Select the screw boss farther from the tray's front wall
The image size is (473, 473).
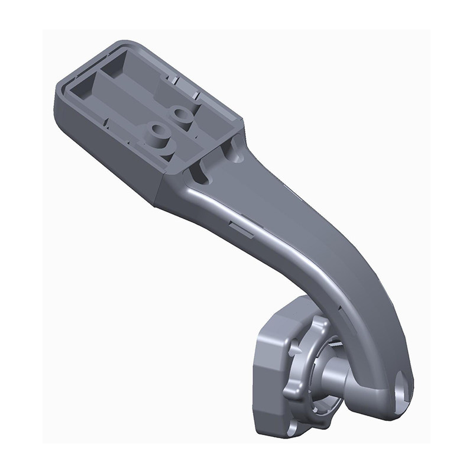click(180, 115)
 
